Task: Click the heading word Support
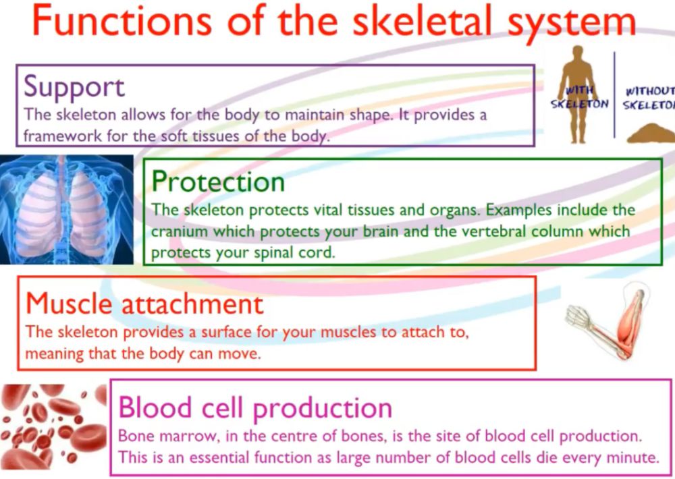point(74,86)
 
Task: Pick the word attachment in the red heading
point(192,304)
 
